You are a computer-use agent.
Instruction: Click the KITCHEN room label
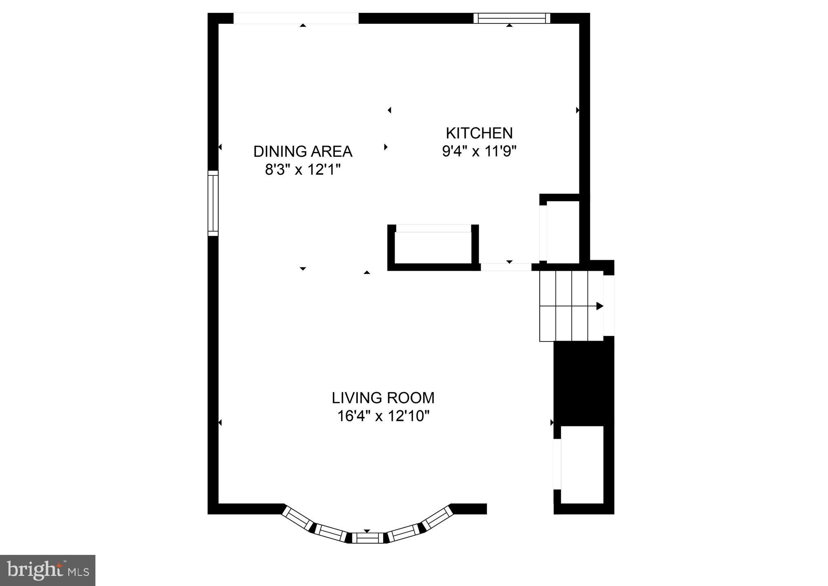[479, 133]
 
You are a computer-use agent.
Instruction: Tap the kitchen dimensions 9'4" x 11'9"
[479, 151]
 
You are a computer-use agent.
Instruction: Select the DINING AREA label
[303, 152]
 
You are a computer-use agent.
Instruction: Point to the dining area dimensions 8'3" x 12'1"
[303, 170]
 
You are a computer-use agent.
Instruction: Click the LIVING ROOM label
[383, 398]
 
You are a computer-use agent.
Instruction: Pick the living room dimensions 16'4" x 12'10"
[383, 416]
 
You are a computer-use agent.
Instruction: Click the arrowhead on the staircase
[600, 306]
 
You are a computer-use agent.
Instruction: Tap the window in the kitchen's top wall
[512, 18]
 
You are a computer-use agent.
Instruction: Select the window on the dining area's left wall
[213, 203]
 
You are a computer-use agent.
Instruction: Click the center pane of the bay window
[367, 538]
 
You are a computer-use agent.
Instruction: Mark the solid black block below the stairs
[583, 383]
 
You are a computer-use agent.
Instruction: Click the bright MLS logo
[48, 570]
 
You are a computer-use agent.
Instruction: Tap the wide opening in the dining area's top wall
[296, 18]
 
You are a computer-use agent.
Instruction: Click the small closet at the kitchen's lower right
[563, 230]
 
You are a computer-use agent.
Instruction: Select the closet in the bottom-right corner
[582, 465]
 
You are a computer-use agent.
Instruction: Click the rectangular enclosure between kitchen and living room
[433, 247]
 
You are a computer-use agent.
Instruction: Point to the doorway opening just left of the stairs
[506, 267]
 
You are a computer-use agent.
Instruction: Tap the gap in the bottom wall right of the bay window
[520, 509]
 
